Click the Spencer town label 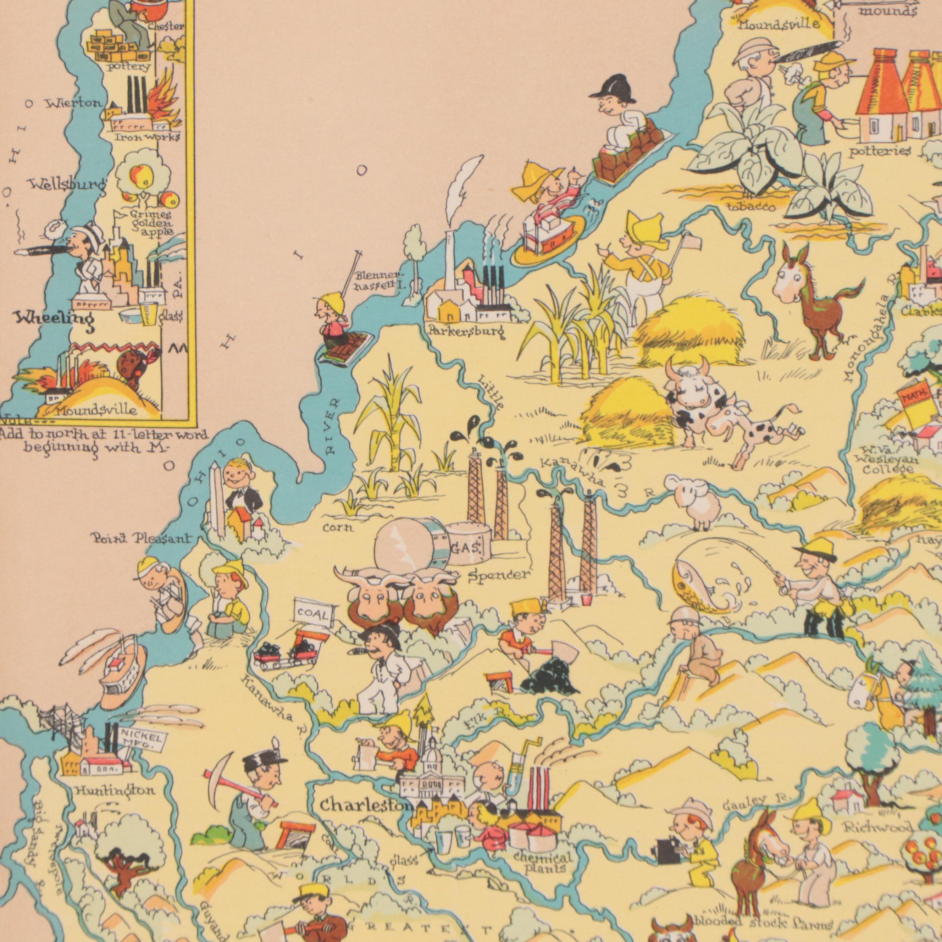[498, 575]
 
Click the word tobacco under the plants [751, 207]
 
